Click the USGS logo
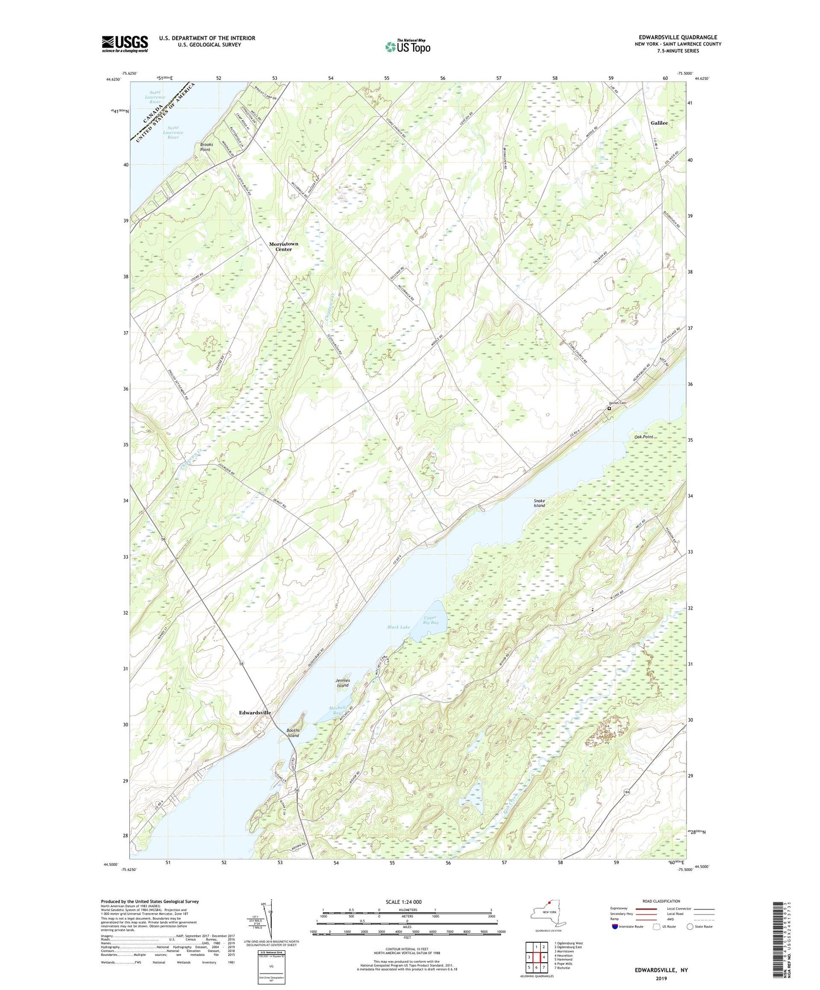(x=125, y=44)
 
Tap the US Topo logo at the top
(x=407, y=46)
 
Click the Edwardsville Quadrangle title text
(x=678, y=37)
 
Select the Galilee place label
(x=659, y=123)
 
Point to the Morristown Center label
(x=283, y=247)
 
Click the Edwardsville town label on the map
(x=255, y=713)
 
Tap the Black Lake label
(x=398, y=627)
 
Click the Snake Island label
(x=539, y=503)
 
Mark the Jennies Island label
(x=342, y=683)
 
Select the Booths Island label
(x=293, y=733)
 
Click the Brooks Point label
(x=206, y=147)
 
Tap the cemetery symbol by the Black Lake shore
(x=609, y=408)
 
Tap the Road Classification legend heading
(x=661, y=901)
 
